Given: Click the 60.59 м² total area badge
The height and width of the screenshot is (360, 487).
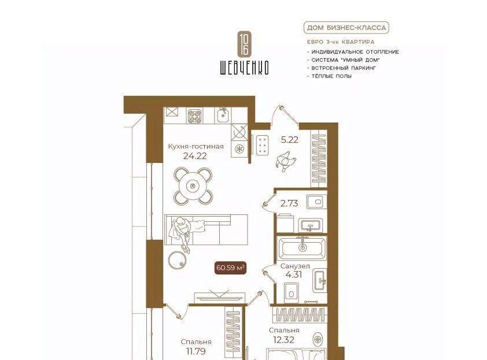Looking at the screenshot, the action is (230, 267).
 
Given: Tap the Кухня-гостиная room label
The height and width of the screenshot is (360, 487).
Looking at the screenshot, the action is (195, 146).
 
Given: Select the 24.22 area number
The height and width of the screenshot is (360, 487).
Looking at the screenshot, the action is (195, 156).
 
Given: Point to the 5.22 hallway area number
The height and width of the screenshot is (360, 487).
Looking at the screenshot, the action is (289, 140).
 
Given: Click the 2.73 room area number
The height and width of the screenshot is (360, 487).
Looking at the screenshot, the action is (289, 203).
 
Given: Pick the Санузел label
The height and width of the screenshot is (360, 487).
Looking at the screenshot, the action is (295, 266).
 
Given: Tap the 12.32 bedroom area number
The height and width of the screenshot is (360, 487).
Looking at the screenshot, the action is (284, 340).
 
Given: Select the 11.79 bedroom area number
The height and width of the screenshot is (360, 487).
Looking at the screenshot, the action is (195, 351).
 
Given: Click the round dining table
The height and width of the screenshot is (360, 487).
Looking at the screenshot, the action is (193, 186).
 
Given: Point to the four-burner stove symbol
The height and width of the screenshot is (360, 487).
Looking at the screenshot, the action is (195, 116).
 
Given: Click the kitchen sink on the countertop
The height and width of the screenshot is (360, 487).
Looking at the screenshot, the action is (223, 116).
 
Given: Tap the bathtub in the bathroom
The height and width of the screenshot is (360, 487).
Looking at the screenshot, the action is (302, 248).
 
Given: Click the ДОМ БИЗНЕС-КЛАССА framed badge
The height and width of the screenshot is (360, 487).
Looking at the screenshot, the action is (346, 28).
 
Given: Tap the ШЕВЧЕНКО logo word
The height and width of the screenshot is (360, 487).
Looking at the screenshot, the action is (244, 68).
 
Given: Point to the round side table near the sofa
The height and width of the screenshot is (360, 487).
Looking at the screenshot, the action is (178, 259).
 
